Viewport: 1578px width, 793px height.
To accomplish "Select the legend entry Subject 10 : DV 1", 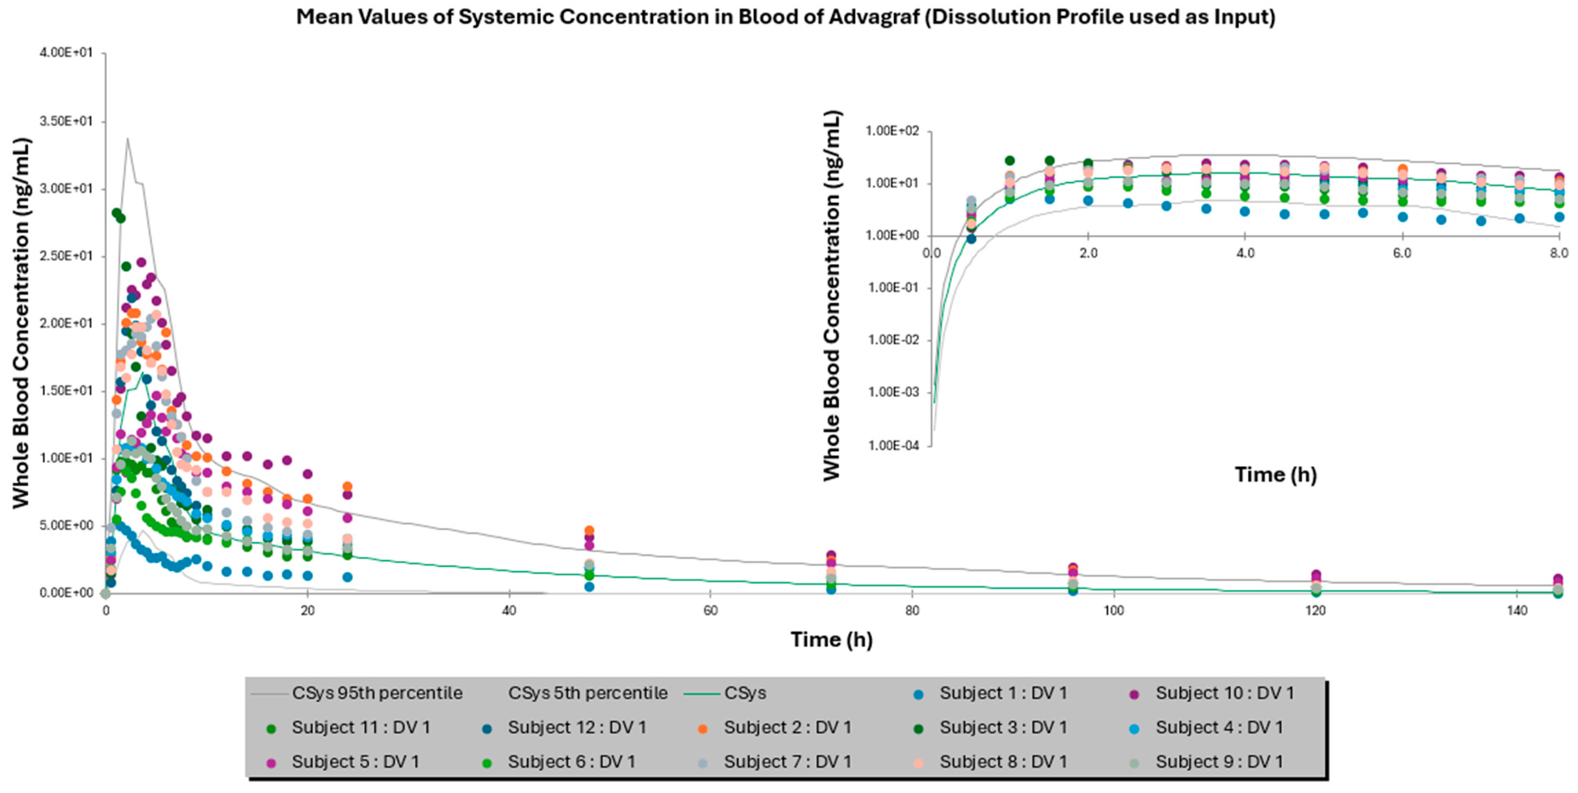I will tap(1224, 693).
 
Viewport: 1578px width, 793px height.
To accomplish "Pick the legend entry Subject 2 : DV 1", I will tap(787, 727).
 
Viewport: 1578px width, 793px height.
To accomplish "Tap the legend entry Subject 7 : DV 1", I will tap(787, 762).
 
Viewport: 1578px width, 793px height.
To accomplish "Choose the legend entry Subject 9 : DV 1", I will tap(1219, 762).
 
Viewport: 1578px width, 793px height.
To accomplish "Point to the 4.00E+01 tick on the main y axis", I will tap(66, 53).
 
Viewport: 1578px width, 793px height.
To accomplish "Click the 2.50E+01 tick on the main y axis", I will tap(66, 256).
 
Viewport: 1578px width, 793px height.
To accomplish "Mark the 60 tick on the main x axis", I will tap(711, 611).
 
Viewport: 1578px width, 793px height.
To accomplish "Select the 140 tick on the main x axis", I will tap(1517, 611).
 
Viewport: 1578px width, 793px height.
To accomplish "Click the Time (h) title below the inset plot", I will tap(1276, 475).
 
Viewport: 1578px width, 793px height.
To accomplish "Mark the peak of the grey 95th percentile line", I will tap(127, 139).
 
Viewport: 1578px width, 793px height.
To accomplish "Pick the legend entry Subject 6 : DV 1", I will tap(571, 762).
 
